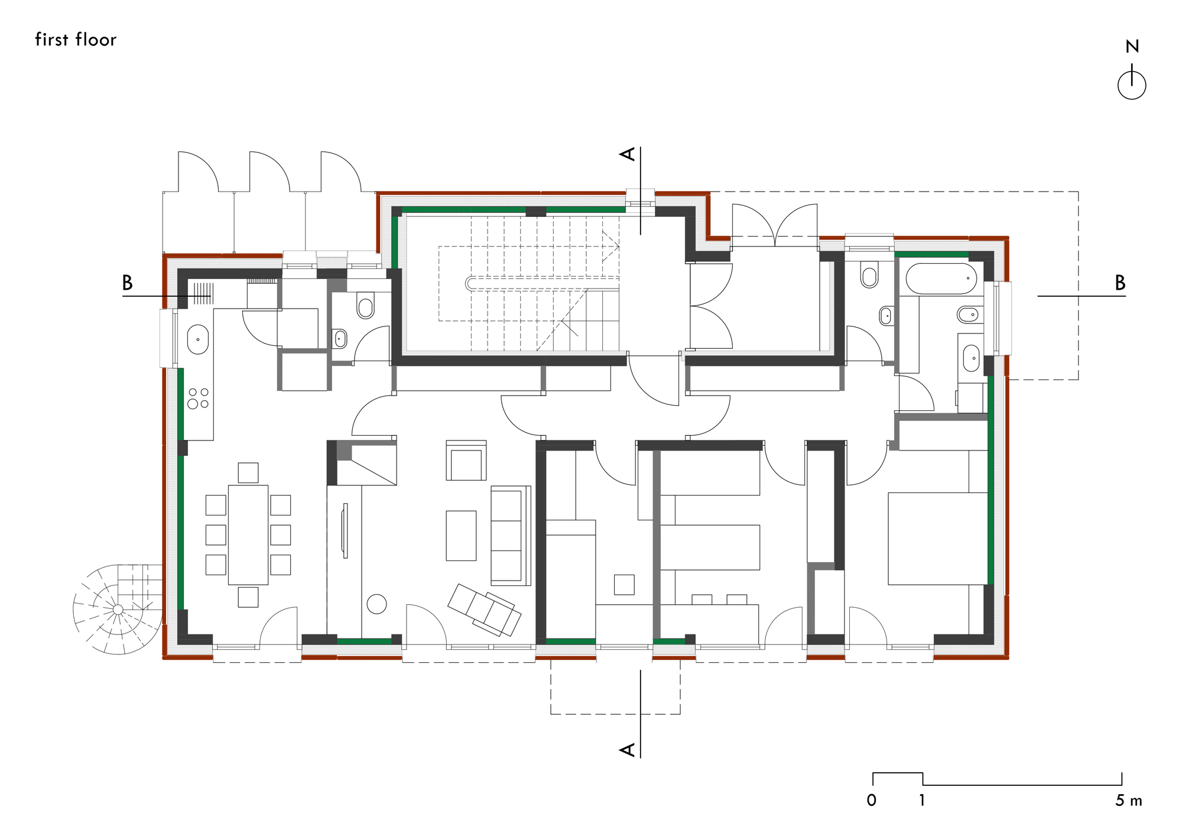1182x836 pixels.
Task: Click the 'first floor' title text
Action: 76,40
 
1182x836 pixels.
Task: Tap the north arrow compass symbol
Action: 1132,85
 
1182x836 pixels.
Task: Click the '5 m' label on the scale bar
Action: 1128,801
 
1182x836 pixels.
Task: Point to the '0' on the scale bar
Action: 872,801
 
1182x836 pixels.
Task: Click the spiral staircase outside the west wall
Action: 118,609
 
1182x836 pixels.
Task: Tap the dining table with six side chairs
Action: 248,534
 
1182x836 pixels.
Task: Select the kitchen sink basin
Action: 198,339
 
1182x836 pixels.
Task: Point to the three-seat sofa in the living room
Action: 509,536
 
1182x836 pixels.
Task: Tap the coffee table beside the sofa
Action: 461,536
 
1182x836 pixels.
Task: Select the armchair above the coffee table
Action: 466,461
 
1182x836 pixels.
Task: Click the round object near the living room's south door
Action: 376,604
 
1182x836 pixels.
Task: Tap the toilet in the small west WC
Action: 366,307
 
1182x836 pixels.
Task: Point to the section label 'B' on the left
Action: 127,283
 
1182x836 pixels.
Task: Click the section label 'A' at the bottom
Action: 628,750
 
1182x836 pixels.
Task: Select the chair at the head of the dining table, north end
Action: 248,472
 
